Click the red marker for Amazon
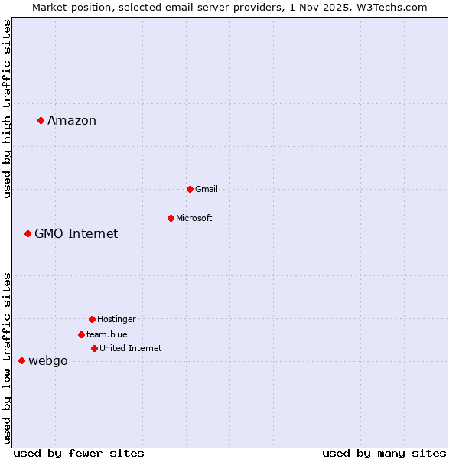41,120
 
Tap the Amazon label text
72,120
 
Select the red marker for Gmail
190,189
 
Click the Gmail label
207,189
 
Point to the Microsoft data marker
171,218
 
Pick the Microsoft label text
194,218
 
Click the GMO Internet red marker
28,233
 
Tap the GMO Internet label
76,233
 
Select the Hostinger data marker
92,319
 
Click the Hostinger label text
116,319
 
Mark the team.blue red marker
81,334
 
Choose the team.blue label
107,334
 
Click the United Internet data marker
94,348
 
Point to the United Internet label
130,348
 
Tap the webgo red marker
21,360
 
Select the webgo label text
48,360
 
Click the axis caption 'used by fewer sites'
79,453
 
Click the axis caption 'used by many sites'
384,453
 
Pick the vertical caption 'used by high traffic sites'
7,109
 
